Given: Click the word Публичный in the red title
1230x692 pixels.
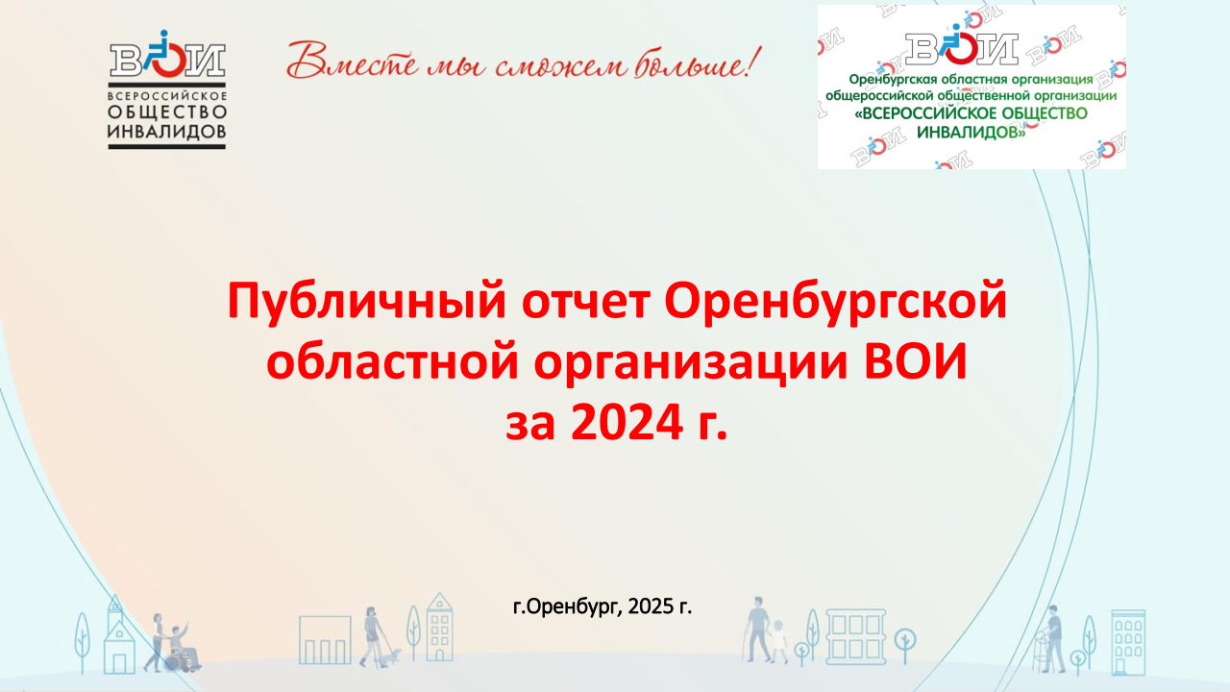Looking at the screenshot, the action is [x=366, y=302].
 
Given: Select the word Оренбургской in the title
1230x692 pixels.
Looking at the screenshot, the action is [x=835, y=302].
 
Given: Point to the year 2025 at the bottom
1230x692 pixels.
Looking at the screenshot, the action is [x=652, y=606].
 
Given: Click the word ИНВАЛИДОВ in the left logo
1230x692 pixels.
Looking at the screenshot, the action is [x=167, y=132].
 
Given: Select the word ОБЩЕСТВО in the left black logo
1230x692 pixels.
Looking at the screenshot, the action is [x=167, y=112].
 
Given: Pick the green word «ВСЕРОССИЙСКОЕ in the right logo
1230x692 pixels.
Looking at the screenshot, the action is [x=916, y=113].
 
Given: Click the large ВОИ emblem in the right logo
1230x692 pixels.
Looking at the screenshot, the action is [x=962, y=45].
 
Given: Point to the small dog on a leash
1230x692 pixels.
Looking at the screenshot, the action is [x=390, y=656].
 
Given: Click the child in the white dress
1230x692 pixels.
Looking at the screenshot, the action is [x=778, y=640].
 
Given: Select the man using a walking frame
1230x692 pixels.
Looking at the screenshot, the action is [x=1051, y=639].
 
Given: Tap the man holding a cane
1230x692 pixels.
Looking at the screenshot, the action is [x=758, y=629].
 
